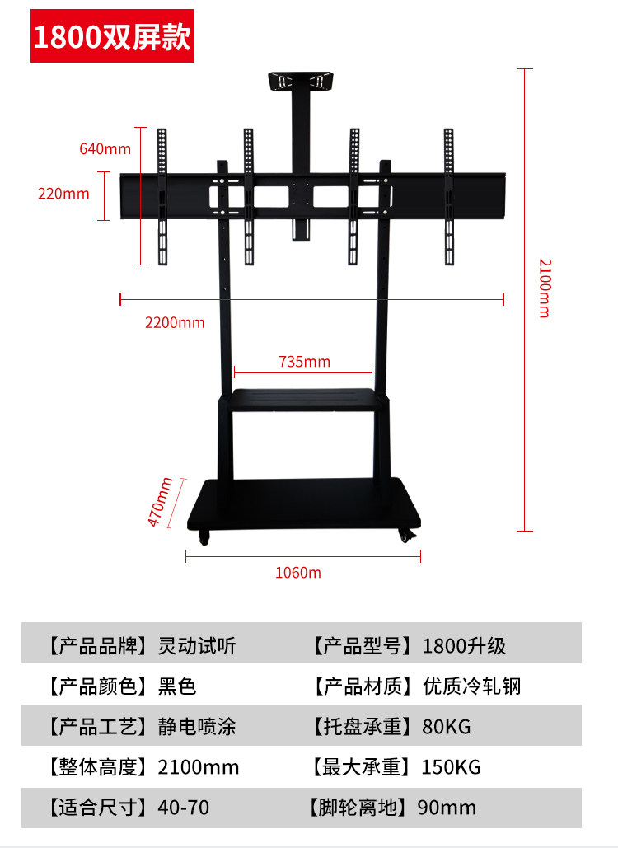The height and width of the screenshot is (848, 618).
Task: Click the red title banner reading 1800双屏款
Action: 113,37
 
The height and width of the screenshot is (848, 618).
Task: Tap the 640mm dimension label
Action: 105,149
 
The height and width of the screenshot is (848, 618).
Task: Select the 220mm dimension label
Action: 63,194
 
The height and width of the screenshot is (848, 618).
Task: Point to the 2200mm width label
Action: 175,322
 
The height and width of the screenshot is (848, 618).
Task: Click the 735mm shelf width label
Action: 304,362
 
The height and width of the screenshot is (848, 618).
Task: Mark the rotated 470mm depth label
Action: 160,502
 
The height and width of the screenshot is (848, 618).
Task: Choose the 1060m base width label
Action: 298,573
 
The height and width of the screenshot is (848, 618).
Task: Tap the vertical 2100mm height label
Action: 544,288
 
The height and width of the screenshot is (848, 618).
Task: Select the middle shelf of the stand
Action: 304,399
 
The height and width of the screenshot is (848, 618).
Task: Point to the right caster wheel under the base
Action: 407,536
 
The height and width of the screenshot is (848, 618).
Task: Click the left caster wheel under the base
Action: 204,538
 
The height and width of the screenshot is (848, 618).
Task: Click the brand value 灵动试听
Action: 197,646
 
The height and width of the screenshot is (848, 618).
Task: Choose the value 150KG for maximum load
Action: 452,767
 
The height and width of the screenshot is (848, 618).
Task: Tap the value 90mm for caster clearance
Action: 447,808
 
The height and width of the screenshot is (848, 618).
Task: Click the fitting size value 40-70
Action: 183,808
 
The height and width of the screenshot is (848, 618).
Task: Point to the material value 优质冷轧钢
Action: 471,686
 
